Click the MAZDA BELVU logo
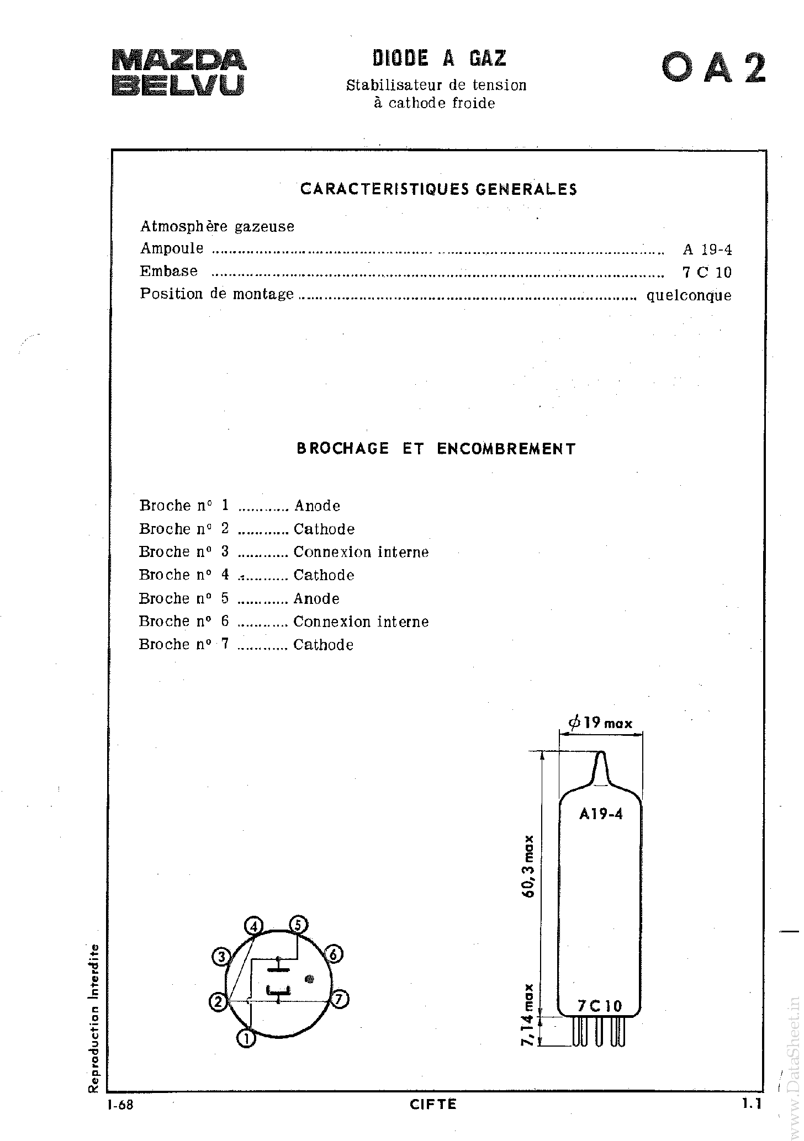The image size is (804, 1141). tap(179, 73)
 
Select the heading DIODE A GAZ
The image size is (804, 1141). tap(439, 59)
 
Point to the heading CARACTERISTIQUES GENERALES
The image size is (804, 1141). tap(438, 189)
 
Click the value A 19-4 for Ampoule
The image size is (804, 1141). tap(707, 250)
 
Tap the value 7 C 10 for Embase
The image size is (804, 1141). tap(707, 272)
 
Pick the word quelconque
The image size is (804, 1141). tap(689, 295)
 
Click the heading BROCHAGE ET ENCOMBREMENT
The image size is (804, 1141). tap(436, 449)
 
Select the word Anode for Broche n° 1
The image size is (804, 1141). tap(318, 506)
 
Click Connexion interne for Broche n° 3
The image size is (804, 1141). tap(361, 552)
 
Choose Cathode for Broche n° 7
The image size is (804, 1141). tap(324, 645)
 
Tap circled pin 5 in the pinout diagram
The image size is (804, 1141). tap(298, 924)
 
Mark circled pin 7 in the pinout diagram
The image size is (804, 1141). tap(340, 999)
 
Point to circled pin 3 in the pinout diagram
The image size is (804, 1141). tap(221, 957)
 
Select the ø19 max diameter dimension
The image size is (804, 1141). tap(600, 723)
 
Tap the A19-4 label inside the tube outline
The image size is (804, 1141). tap(601, 814)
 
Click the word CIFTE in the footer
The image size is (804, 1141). tap(433, 1119)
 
